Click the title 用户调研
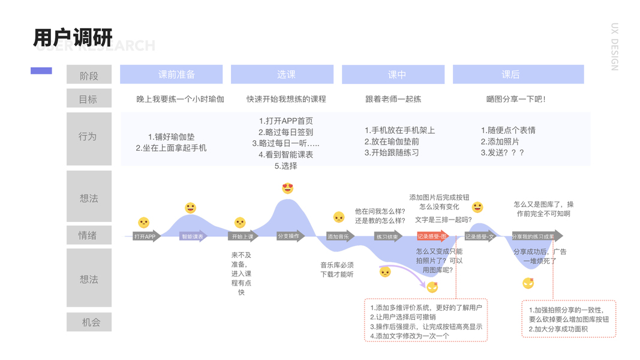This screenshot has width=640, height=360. pyautogui.click(x=73, y=37)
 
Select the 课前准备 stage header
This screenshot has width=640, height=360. pyautogui.click(x=176, y=74)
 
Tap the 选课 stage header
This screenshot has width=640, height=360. pyautogui.click(x=286, y=74)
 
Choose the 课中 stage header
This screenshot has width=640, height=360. pyautogui.click(x=397, y=74)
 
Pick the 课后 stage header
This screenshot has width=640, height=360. pyautogui.click(x=510, y=74)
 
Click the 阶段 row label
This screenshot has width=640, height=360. pyautogui.click(x=89, y=76)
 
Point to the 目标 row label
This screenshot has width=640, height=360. pyautogui.click(x=88, y=99)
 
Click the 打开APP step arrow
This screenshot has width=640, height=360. pyautogui.click(x=146, y=236)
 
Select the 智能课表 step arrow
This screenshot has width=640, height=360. pyautogui.click(x=193, y=236)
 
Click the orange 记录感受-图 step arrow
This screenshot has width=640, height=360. pyautogui.click(x=432, y=236)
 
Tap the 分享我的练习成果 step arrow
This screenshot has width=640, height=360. pyautogui.click(x=536, y=236)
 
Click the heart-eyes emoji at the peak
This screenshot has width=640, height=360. pyautogui.click(x=288, y=188)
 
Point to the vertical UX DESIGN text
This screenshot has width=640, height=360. pyautogui.click(x=614, y=47)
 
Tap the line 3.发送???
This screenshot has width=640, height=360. pyautogui.click(x=503, y=153)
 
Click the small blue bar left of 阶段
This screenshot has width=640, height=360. pyautogui.click(x=41, y=71)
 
